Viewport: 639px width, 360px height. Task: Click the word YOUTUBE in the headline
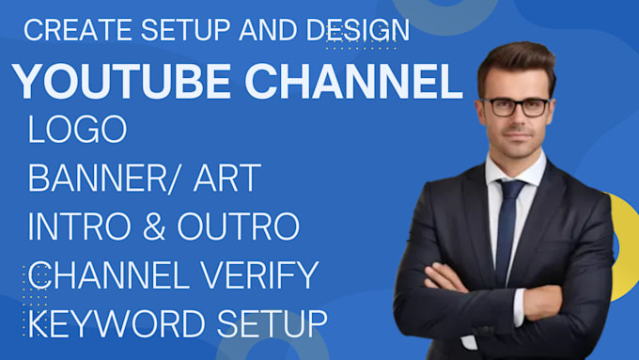[x=113, y=83]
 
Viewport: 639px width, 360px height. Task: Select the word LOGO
[x=78, y=131]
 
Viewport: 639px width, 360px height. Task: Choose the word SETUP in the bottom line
[x=273, y=323]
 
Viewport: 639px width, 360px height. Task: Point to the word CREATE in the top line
[x=79, y=30]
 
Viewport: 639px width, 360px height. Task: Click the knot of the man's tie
[x=511, y=191]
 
